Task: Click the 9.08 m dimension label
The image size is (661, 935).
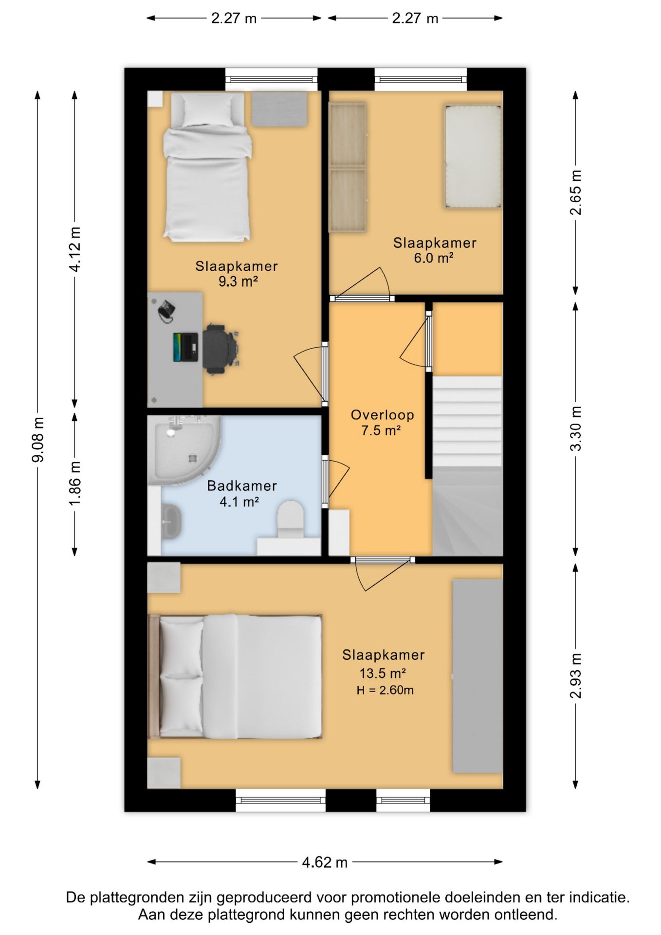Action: point(38,439)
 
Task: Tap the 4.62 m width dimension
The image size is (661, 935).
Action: point(325,862)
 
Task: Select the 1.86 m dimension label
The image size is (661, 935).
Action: point(74,484)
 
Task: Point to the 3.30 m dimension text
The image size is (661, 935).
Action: point(575,429)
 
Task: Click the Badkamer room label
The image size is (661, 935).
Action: point(242,486)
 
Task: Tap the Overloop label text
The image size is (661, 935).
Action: point(383,415)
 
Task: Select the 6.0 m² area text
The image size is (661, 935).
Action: point(434,258)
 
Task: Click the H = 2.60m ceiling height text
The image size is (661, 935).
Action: point(385,690)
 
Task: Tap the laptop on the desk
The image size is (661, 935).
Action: point(185,347)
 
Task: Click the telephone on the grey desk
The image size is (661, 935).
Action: point(166,311)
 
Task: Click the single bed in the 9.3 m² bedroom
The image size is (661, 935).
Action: point(207,167)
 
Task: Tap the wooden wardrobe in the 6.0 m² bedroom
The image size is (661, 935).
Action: point(348,167)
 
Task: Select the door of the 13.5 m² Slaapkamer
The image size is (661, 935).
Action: point(383,574)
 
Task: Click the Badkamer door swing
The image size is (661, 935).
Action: point(336,482)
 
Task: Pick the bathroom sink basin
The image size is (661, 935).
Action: point(170,521)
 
